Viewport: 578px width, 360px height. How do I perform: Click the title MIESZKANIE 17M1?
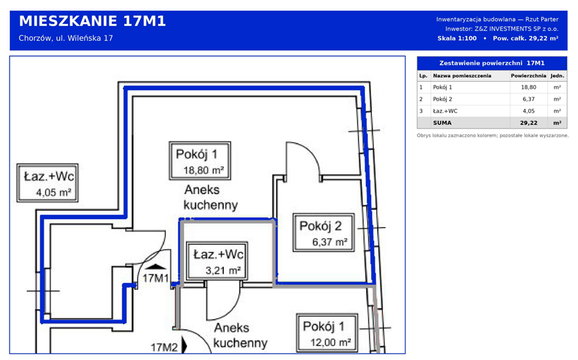[x=92, y=22]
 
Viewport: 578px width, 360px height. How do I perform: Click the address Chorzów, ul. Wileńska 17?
[x=66, y=38]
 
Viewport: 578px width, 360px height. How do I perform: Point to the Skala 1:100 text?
[x=457, y=38]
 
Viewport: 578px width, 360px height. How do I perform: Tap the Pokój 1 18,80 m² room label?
[x=200, y=161]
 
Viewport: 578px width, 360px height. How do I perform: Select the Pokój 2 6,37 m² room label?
[x=324, y=233]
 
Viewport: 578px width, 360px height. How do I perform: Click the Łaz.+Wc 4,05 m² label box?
[x=48, y=182]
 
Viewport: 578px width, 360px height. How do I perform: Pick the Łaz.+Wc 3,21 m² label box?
[x=217, y=261]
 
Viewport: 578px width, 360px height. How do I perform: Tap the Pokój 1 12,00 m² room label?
[x=327, y=333]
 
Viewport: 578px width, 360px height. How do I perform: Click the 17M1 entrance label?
[x=155, y=278]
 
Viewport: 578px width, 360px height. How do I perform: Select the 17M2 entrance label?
[x=164, y=347]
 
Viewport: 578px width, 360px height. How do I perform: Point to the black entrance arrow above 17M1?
[x=157, y=267]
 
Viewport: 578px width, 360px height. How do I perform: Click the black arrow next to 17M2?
[x=184, y=346]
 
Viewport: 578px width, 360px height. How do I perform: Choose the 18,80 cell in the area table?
[x=528, y=87]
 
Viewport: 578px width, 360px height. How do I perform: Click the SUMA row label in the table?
[x=442, y=123]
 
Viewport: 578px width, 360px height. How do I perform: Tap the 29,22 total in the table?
[x=528, y=123]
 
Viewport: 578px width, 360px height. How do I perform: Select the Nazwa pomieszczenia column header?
[x=462, y=76]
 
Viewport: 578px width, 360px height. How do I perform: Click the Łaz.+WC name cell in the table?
[x=446, y=111]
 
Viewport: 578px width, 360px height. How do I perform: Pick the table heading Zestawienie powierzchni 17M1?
[x=492, y=63]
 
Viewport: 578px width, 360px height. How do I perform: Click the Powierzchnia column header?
[x=528, y=76]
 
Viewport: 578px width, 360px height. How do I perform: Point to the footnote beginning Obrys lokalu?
[x=493, y=135]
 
